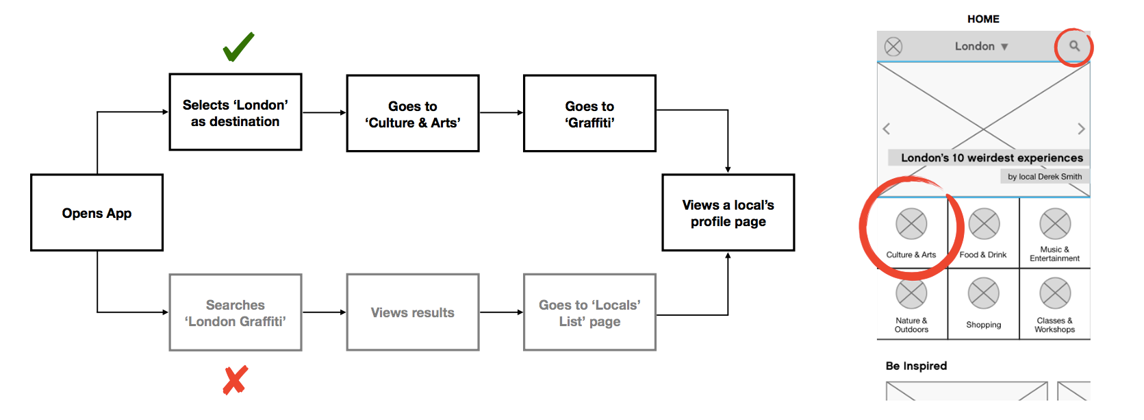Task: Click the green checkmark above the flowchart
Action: coord(238,47)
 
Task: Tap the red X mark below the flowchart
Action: coord(235,380)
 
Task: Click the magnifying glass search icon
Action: coord(1075,46)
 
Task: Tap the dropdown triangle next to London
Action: coord(1004,47)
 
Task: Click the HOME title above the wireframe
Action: coord(983,19)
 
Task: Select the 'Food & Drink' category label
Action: coord(983,254)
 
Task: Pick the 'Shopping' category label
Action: coord(984,325)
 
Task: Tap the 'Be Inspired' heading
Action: coord(916,366)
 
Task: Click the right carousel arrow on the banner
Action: coord(1081,129)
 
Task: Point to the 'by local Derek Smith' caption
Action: coord(1045,177)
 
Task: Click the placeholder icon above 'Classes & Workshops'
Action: coord(1055,293)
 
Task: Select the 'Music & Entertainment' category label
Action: coord(1054,254)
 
